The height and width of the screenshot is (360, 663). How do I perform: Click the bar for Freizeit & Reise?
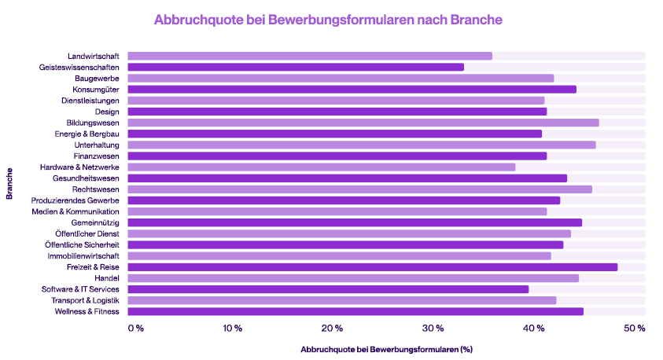(372, 266)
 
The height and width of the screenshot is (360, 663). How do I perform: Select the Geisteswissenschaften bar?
(296, 67)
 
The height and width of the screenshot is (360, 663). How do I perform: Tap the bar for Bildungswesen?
(363, 123)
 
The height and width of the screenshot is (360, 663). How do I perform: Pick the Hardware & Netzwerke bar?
(321, 167)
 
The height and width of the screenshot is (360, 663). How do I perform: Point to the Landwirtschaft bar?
(310, 56)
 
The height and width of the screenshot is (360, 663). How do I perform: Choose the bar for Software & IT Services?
(328, 289)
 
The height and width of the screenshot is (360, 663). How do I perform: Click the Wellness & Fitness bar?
(355, 311)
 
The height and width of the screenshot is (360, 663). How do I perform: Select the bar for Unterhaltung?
(361, 145)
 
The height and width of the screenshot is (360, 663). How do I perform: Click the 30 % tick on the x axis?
(434, 328)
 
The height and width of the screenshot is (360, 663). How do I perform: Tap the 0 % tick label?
(136, 328)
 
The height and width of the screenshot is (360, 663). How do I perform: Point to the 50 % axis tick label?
(635, 328)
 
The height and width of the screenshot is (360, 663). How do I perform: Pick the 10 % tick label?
(232, 328)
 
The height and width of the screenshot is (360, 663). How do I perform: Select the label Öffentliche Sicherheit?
(83, 244)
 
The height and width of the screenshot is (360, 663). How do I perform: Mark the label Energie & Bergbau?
(87, 134)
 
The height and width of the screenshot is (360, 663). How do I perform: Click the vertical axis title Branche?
(9, 183)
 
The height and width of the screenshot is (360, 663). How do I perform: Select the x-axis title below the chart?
(385, 348)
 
